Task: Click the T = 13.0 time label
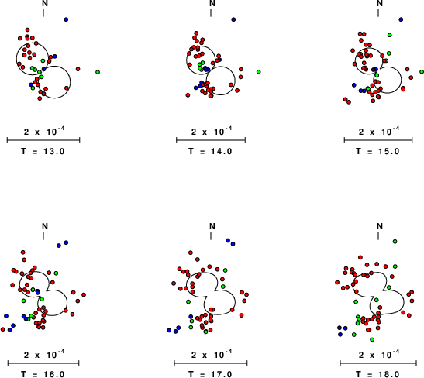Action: coord(43,151)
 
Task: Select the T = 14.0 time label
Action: coord(210,151)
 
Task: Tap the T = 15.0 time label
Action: coord(377,151)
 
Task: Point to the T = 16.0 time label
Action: coord(43,374)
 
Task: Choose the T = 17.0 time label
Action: coord(210,374)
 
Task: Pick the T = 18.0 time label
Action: coord(377,374)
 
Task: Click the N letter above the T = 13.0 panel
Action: coord(45,3)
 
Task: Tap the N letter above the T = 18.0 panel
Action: coord(380,226)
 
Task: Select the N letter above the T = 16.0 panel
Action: coord(45,226)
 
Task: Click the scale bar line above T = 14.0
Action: coord(211,140)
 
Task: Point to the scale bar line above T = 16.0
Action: coord(43,363)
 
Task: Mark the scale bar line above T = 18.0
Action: coord(378,363)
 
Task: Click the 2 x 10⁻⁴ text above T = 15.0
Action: coord(379,132)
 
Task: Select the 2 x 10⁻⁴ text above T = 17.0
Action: coord(212,354)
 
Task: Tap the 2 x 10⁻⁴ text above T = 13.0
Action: coord(44,132)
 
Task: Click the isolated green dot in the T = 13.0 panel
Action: coord(98,72)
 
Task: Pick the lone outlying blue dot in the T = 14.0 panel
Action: coord(233,19)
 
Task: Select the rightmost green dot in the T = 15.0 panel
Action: coord(422,72)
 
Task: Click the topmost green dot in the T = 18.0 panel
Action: coord(395,241)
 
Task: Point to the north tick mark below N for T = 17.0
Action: coord(211,236)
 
